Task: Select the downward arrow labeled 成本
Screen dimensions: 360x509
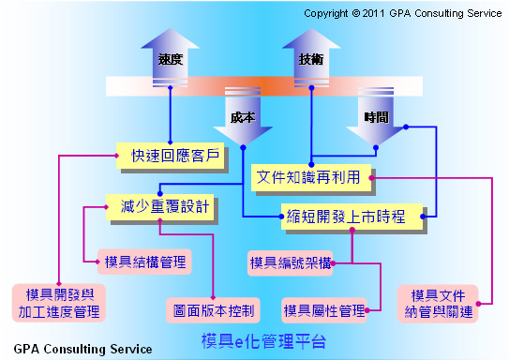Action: click(242, 118)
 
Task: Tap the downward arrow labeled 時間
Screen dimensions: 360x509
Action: click(375, 118)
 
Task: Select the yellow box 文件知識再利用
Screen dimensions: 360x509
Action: click(310, 176)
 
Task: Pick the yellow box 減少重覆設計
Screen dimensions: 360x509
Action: click(157, 204)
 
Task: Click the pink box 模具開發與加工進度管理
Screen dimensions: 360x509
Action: click(59, 302)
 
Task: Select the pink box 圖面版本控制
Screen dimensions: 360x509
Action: click(214, 308)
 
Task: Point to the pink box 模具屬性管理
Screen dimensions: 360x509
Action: click(325, 309)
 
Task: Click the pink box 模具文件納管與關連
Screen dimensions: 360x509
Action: click(441, 303)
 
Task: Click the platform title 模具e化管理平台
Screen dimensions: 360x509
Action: click(264, 340)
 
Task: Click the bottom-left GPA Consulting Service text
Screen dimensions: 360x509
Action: click(82, 349)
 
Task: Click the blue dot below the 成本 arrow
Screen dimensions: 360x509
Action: click(243, 148)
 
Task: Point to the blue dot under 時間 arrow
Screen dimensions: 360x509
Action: click(375, 148)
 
